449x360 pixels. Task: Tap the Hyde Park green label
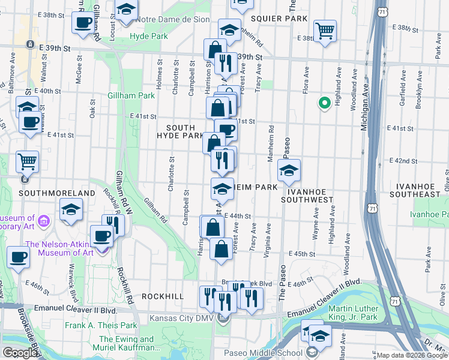[148, 37]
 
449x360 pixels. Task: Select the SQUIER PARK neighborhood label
[279, 19]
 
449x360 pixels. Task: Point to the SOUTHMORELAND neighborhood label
[57, 193]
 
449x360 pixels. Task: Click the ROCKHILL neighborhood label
[163, 296]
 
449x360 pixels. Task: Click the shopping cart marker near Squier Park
[325, 30]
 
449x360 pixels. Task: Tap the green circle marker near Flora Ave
[325, 104]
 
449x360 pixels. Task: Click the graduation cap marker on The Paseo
[289, 171]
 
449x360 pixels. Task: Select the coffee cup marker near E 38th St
[82, 23]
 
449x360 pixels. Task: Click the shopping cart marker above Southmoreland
[27, 161]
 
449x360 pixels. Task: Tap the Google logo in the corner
[20, 353]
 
